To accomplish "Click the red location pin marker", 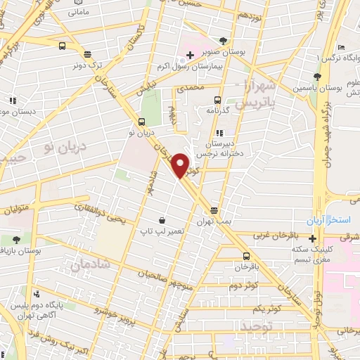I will (180, 165).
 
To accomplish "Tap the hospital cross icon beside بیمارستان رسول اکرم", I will (190, 54).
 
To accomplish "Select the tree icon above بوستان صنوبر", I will (224, 40).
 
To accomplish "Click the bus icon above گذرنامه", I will (217, 100).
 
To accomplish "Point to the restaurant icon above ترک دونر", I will (87, 54).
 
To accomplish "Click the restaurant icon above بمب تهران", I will (214, 210).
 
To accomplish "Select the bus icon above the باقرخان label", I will (245, 256).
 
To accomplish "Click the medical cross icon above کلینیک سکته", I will (313, 238).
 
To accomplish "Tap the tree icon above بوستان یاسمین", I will (318, 77).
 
